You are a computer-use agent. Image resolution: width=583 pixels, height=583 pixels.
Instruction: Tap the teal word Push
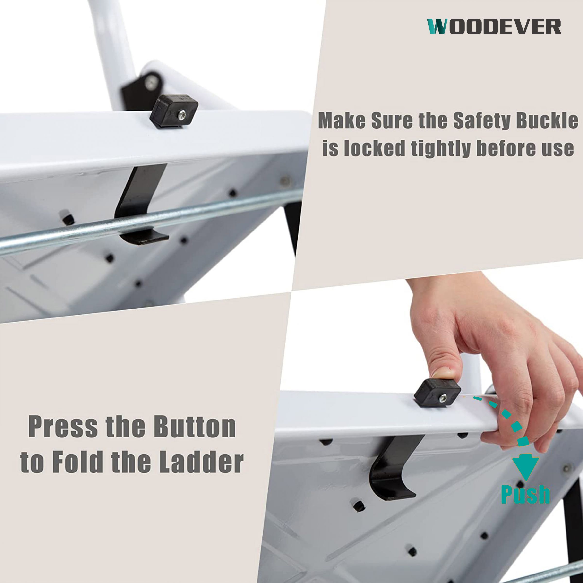pyautogui.click(x=526, y=494)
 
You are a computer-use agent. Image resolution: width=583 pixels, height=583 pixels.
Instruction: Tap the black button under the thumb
pyautogui.click(x=437, y=393)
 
